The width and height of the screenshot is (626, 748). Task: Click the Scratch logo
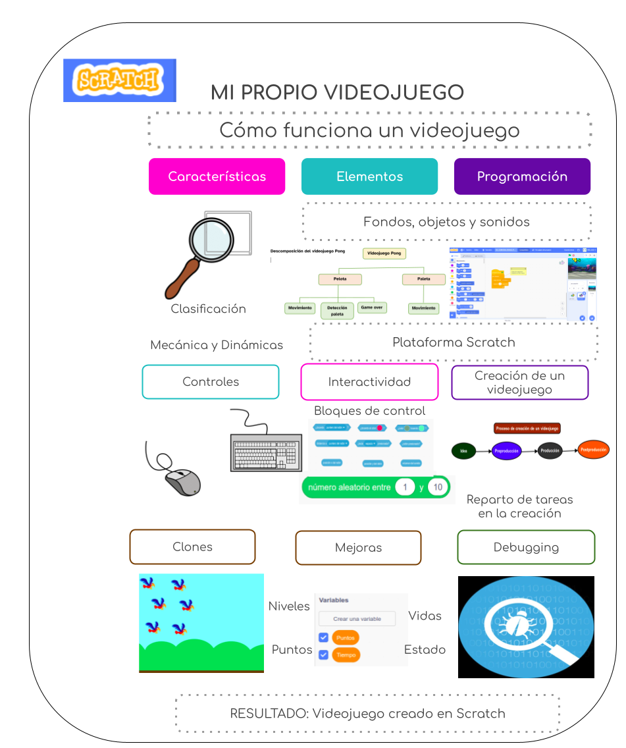pyautogui.click(x=119, y=80)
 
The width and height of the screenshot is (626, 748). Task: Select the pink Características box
pyautogui.click(x=217, y=176)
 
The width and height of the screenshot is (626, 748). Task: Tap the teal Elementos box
pyautogui.click(x=369, y=176)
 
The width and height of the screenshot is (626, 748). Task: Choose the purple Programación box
pyautogui.click(x=522, y=176)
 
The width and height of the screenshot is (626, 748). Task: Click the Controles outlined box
pyautogui.click(x=211, y=382)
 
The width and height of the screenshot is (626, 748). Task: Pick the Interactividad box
pyautogui.click(x=369, y=382)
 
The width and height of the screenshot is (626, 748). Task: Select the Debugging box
pyautogui.click(x=526, y=547)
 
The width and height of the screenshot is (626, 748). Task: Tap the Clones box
pyautogui.click(x=192, y=547)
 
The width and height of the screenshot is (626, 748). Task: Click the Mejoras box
pyautogui.click(x=358, y=547)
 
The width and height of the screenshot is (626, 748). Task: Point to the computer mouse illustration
pyautogui.click(x=182, y=483)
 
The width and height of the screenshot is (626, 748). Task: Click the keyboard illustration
pyautogui.click(x=266, y=453)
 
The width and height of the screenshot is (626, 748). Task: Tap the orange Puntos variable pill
pyautogui.click(x=345, y=638)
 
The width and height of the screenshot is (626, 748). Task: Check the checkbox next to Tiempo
pyautogui.click(x=323, y=654)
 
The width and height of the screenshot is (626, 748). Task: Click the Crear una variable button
pyautogui.click(x=357, y=619)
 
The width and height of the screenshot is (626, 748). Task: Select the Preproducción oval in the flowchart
pyautogui.click(x=507, y=451)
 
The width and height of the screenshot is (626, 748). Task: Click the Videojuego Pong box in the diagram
pyautogui.click(x=384, y=253)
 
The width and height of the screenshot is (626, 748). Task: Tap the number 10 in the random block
pyautogui.click(x=438, y=488)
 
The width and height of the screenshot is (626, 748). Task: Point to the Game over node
pyautogui.click(x=371, y=307)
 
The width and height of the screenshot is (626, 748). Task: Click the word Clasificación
pyautogui.click(x=209, y=309)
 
